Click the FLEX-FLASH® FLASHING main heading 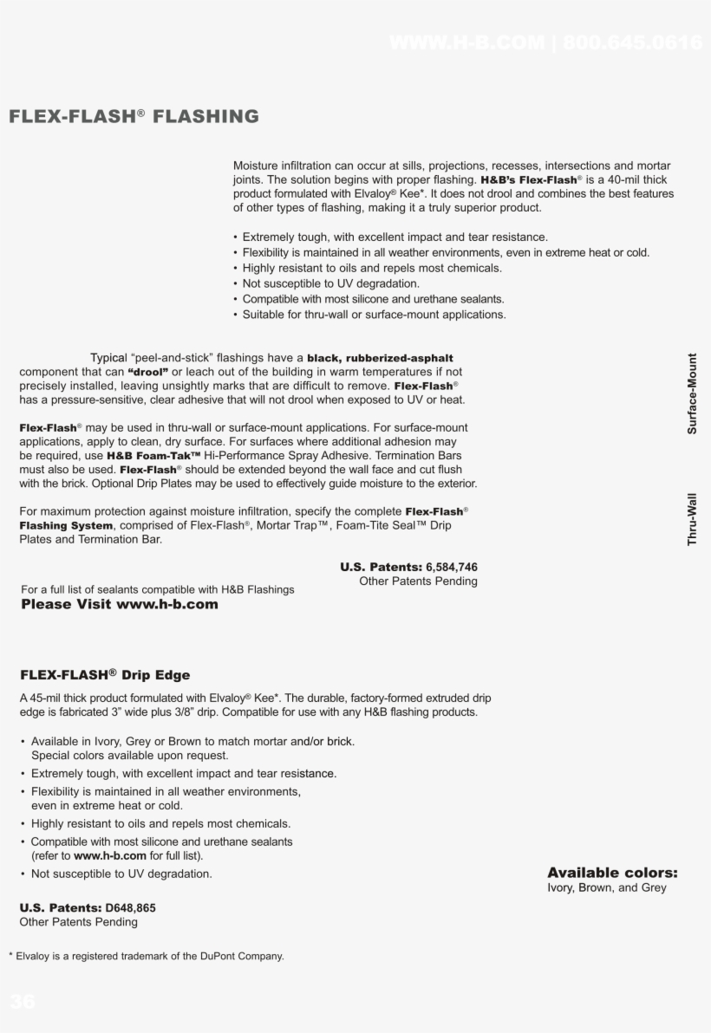(134, 116)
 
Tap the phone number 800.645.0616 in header (632, 42)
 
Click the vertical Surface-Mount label (692, 393)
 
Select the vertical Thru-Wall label (692, 519)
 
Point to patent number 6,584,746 (451, 567)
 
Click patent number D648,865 (130, 907)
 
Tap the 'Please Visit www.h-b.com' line (120, 604)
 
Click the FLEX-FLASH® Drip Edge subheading (105, 675)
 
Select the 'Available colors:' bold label (612, 873)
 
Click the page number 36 (23, 1002)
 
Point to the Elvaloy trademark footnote (146, 956)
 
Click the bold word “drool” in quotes (147, 372)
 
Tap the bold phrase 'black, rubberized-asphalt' (380, 358)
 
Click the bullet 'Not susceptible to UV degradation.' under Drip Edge (121, 874)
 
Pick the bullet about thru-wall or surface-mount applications (374, 315)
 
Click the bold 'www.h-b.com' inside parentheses (110, 855)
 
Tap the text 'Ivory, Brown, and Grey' (607, 888)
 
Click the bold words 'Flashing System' (66, 525)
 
